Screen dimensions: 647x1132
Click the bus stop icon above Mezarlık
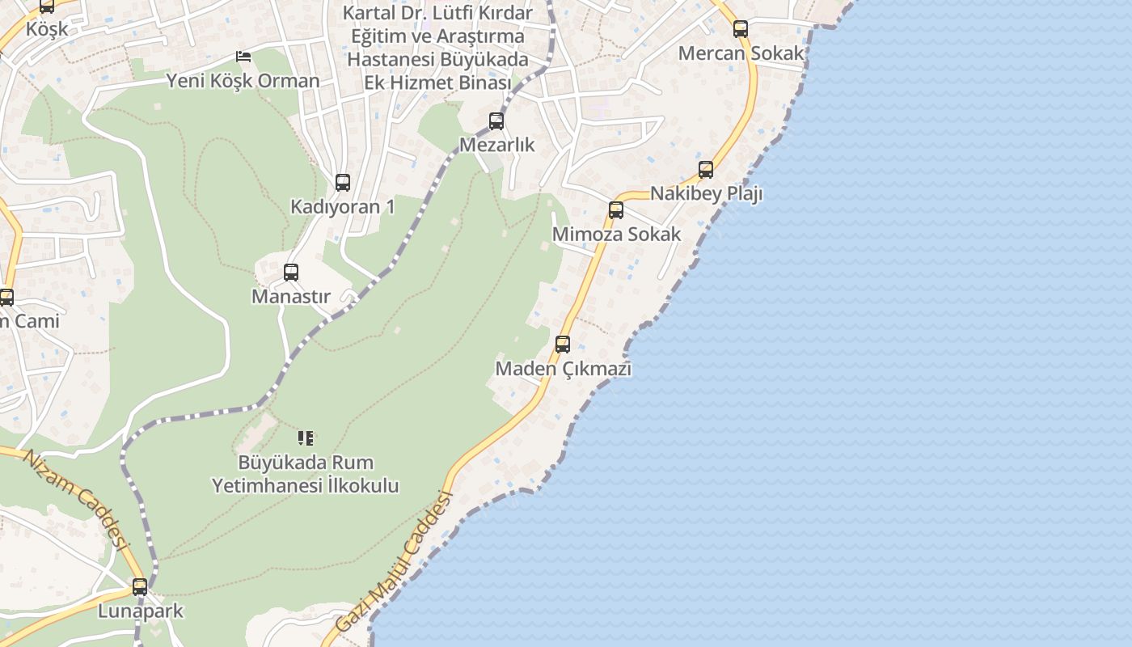[x=496, y=121]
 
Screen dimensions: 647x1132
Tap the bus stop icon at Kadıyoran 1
[x=343, y=183]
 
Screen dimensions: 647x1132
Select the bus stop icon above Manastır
[x=291, y=273]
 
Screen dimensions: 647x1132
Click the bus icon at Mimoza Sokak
[x=616, y=210]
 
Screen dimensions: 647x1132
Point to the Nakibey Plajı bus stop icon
[x=706, y=170]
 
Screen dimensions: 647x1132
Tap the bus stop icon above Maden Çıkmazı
[x=563, y=345]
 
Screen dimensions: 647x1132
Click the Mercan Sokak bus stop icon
[x=741, y=29]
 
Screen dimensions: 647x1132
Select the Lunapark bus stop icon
[x=140, y=587]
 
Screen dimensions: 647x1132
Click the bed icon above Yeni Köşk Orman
[x=243, y=57]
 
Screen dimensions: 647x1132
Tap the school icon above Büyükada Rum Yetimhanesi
[x=306, y=438]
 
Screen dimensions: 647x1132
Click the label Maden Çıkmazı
[x=563, y=369]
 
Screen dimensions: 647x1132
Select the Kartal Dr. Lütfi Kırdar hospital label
[x=437, y=48]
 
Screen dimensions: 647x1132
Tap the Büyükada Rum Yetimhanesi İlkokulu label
[x=306, y=474]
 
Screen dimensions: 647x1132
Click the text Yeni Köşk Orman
[x=243, y=81]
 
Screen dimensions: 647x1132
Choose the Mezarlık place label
[x=496, y=145]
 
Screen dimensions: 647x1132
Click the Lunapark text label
[x=141, y=611]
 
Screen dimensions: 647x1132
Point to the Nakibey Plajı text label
[x=706, y=194]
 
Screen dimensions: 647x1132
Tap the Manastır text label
[x=291, y=296]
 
